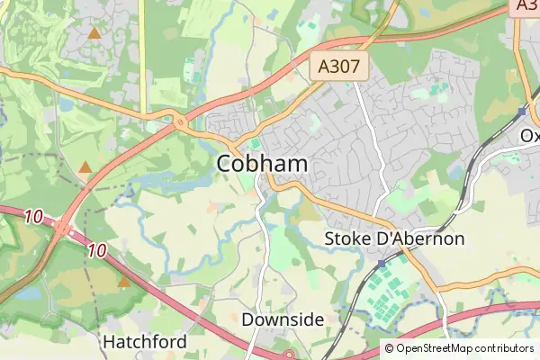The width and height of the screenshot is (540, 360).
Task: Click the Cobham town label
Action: pos(262,164)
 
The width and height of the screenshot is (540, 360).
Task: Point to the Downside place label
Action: pos(283,319)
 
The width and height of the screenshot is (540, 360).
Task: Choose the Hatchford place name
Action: pos(144,342)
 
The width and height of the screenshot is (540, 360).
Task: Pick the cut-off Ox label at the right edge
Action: pos(530,135)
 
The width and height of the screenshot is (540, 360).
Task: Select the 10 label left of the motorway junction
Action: pos(34,217)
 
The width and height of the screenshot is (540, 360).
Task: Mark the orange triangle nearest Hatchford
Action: pos(124,281)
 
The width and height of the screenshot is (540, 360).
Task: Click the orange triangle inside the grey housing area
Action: pos(94,32)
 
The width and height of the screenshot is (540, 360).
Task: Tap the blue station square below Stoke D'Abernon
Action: pos(382,263)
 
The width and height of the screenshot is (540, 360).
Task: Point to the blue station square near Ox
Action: pos(522,112)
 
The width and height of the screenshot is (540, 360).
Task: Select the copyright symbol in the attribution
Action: pos(389,348)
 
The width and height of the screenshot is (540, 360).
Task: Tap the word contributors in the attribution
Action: pos(504,348)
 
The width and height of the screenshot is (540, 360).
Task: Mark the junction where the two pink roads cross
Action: pos(65,229)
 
